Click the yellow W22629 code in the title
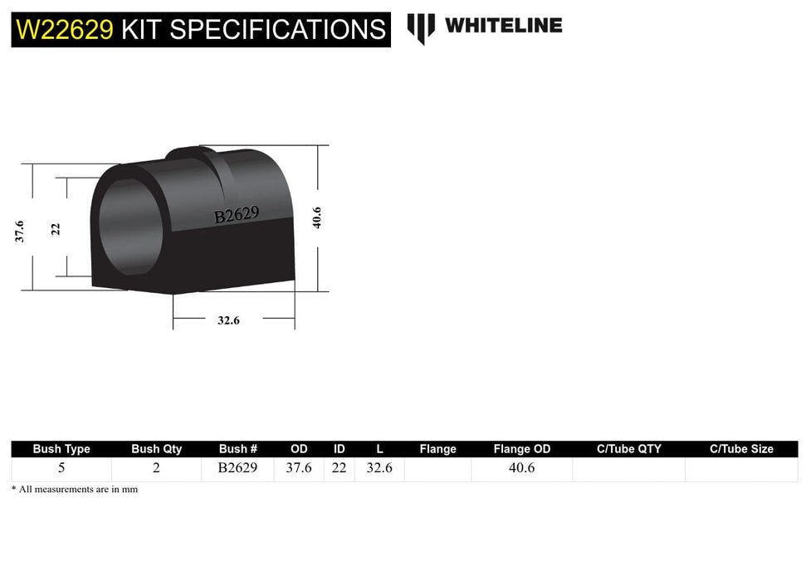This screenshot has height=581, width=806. (x=65, y=30)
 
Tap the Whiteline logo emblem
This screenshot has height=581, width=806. (x=421, y=27)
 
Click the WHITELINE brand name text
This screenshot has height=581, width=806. (x=503, y=25)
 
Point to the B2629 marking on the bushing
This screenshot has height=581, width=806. (x=237, y=215)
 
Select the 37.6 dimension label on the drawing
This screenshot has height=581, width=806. (x=19, y=231)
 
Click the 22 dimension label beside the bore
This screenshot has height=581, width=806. (x=56, y=228)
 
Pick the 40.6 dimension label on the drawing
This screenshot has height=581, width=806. (x=316, y=218)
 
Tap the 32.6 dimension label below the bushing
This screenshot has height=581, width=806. (x=228, y=320)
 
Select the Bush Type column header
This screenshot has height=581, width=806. (x=61, y=449)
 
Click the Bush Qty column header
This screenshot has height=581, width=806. (x=156, y=449)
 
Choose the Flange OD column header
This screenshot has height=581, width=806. (x=521, y=449)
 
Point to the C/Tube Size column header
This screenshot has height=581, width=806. (x=741, y=449)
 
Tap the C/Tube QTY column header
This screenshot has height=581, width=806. (x=628, y=449)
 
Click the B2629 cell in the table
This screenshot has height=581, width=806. (x=237, y=468)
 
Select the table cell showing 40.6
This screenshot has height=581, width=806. (x=521, y=468)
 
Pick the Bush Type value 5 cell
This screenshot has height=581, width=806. (x=61, y=468)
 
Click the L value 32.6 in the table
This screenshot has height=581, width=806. (x=379, y=468)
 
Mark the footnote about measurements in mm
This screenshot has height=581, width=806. (x=75, y=490)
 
